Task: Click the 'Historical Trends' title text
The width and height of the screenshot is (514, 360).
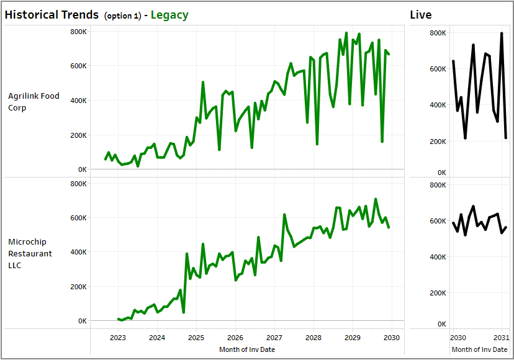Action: tap(52, 14)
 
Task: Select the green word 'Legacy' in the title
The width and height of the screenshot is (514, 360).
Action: tap(169, 14)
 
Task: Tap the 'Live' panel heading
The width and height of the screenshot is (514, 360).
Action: tap(420, 14)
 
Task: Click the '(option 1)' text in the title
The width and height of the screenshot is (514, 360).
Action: tap(122, 16)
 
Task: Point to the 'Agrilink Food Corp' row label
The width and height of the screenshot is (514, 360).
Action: tap(34, 102)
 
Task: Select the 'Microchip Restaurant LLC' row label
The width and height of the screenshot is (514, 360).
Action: tap(30, 253)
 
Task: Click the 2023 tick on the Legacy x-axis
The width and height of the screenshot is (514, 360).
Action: tap(118, 338)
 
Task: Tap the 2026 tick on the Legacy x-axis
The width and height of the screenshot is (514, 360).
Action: tap(235, 338)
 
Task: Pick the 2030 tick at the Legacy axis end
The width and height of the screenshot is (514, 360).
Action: tap(392, 338)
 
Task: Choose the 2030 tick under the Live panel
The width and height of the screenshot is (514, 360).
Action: tap(458, 338)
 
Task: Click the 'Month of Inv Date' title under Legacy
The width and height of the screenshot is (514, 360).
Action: tap(247, 349)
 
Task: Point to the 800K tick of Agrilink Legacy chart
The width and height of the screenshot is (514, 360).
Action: tap(78, 31)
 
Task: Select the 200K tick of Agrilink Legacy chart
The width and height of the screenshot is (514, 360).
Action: tap(78, 135)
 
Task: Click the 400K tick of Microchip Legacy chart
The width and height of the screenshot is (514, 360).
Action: tap(78, 252)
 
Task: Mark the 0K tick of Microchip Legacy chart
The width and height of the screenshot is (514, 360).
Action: tap(82, 321)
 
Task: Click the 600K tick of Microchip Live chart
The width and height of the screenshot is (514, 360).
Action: tap(438, 221)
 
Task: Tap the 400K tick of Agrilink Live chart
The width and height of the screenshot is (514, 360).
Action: tap(438, 105)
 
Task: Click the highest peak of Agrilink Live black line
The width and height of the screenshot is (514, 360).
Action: tap(502, 34)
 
